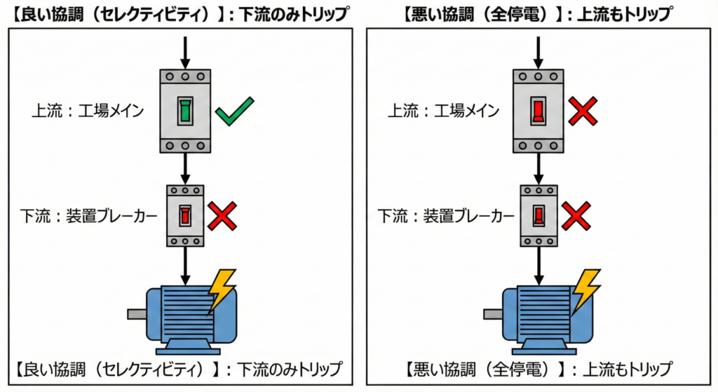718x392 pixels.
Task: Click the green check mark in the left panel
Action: [x=233, y=112]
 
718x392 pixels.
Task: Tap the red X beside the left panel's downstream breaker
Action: [x=221, y=215]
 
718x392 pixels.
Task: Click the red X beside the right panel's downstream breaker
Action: [x=574, y=215]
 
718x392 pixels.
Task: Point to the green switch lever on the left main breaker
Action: [x=185, y=111]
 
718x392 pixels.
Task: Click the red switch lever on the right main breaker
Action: [x=538, y=111]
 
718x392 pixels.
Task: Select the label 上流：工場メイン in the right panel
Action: [x=443, y=110]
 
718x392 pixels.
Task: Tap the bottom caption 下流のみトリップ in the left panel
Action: [x=290, y=368]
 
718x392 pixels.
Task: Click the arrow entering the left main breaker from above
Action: [x=185, y=50]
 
